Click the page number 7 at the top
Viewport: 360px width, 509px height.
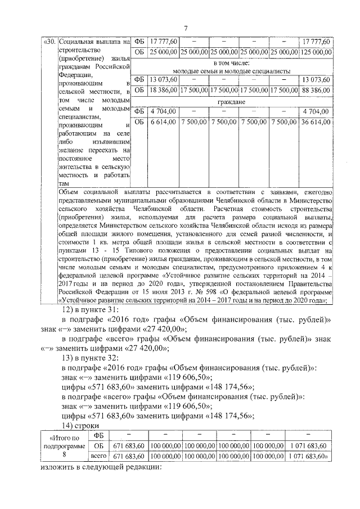click(186, 28)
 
